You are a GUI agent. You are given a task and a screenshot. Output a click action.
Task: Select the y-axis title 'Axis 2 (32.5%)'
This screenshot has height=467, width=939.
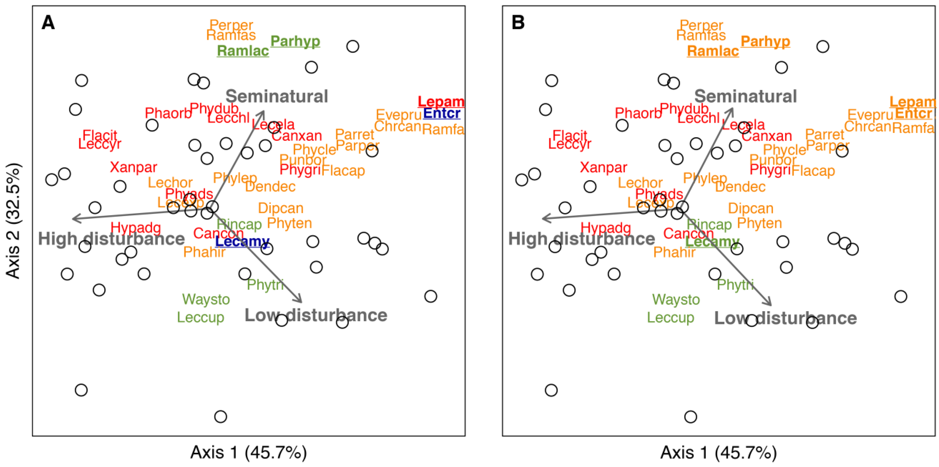[x=13, y=221]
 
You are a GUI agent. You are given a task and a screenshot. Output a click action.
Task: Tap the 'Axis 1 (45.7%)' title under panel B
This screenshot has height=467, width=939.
[x=719, y=452]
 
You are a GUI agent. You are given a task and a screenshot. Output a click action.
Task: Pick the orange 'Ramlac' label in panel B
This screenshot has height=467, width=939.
[x=713, y=51]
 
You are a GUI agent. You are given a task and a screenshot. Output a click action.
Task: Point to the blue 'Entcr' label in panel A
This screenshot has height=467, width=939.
[x=441, y=113]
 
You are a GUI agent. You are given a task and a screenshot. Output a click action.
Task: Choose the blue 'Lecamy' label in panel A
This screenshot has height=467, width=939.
[x=242, y=241]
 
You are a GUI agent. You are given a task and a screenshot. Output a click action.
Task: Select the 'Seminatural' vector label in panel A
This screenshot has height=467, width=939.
[x=277, y=96]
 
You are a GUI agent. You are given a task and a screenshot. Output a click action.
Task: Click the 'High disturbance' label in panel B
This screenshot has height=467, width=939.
[x=581, y=239]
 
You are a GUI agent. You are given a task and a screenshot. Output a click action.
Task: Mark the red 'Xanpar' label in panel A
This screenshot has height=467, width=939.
[x=134, y=167]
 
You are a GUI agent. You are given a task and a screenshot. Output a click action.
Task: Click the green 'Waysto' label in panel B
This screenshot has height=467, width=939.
[x=676, y=299]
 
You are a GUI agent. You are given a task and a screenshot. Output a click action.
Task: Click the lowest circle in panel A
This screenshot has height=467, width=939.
[x=220, y=416]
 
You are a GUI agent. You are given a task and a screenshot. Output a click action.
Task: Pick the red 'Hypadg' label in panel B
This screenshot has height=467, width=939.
[x=605, y=228]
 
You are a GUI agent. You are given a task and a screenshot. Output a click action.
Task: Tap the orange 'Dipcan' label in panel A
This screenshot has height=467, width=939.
[x=281, y=208]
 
